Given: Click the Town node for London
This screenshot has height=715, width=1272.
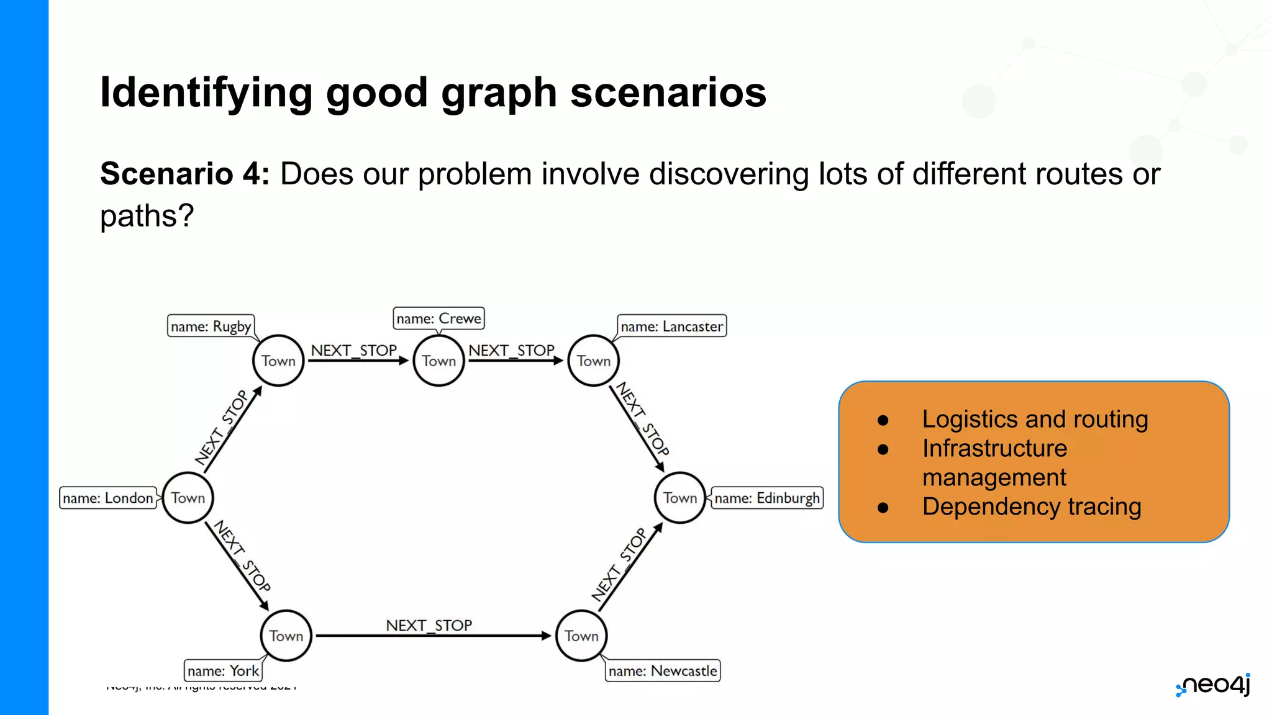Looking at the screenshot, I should (188, 498).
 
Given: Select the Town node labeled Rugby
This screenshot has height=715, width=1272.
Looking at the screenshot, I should (278, 361).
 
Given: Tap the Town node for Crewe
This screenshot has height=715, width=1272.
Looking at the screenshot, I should (438, 361).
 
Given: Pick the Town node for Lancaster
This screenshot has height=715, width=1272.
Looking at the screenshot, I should (593, 361).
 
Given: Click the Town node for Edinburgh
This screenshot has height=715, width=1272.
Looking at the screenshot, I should (680, 498).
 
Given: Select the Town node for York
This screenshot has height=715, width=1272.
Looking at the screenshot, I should (286, 636).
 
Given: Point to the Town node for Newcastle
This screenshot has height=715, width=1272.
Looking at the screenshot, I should (581, 636).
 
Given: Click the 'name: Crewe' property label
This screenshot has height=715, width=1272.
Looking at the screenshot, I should (438, 318).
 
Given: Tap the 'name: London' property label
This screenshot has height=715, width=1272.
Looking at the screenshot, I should (108, 498).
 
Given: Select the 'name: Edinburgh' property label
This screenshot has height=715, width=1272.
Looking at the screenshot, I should (767, 498).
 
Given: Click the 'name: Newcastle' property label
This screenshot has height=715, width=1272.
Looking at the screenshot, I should (663, 671).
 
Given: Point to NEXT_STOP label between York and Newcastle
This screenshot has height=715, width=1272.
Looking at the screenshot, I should (429, 625).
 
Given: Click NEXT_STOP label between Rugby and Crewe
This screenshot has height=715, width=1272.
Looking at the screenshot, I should (353, 351).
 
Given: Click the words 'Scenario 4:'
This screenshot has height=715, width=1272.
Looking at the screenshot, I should (184, 174).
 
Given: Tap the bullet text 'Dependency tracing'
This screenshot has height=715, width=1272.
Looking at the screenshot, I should (1032, 506).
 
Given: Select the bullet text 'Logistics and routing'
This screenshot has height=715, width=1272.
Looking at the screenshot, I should (1035, 419).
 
